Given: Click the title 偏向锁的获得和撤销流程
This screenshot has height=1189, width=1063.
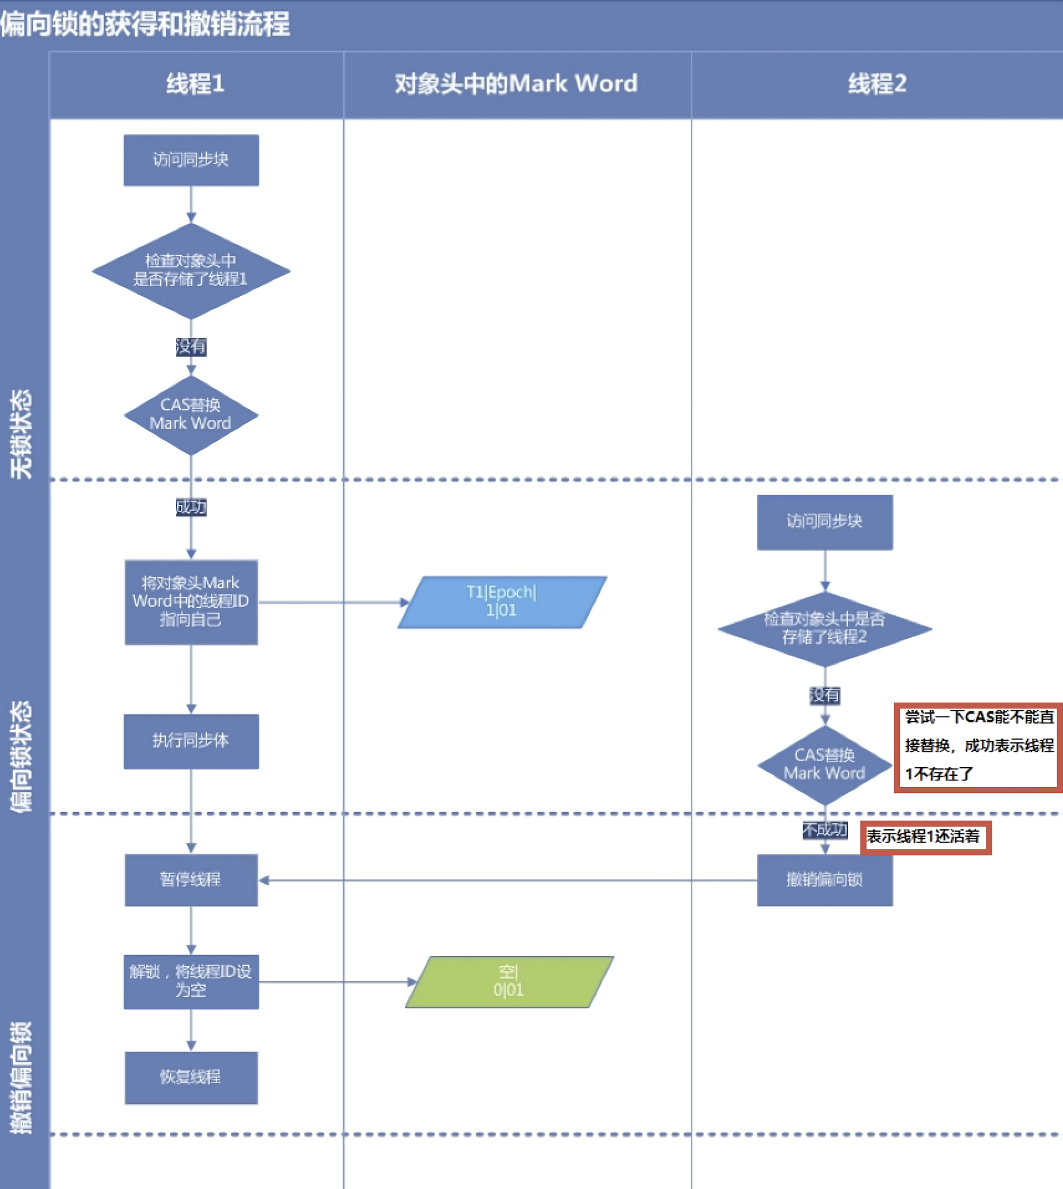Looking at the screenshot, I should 145,25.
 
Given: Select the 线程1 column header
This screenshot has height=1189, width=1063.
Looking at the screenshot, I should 195,84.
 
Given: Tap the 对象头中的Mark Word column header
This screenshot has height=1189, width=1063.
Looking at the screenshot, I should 517,84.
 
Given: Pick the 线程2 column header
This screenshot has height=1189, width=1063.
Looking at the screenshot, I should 876,84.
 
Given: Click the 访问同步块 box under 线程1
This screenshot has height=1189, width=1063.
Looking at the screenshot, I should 191,160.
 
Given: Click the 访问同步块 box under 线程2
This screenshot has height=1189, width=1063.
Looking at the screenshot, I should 824,521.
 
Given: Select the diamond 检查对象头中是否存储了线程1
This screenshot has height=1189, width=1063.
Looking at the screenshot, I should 191,270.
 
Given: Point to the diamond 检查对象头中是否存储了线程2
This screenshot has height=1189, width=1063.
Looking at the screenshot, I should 824,628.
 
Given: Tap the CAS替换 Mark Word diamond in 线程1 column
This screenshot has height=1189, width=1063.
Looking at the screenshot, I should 191,414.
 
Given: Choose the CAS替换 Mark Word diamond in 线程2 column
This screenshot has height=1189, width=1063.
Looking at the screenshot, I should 824,765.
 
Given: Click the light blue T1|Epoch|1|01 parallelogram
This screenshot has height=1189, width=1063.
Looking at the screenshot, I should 502,602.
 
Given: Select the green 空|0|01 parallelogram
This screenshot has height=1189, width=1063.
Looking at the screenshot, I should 508,981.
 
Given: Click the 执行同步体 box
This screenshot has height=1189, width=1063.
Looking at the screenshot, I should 191,741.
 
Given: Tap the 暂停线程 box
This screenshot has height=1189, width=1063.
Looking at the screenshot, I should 191,879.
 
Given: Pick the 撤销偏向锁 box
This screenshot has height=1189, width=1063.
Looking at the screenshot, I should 824,879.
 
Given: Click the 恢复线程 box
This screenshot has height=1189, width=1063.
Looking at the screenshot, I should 191,1077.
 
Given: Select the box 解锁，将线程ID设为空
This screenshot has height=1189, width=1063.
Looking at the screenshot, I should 191,981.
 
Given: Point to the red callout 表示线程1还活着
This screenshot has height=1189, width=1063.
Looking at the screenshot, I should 926,837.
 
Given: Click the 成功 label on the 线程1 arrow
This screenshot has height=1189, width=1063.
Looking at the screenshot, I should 191,507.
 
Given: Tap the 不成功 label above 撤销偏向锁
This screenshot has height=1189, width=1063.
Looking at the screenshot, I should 824,829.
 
